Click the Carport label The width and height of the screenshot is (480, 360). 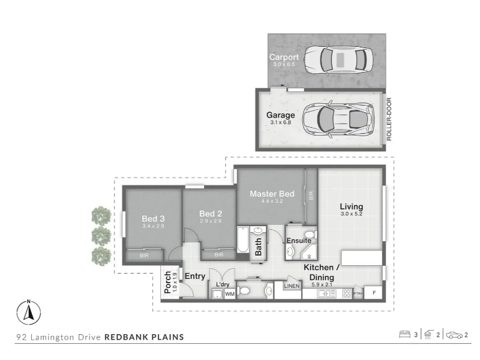[x=284, y=57]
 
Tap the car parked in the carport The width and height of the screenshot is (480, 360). [x=339, y=60]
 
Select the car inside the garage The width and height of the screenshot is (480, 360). [x=338, y=119]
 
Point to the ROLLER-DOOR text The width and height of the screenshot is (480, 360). [x=389, y=119]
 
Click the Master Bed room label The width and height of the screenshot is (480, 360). [x=272, y=194]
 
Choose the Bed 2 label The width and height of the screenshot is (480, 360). [x=211, y=214]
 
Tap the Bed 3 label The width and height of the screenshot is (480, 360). [x=153, y=218]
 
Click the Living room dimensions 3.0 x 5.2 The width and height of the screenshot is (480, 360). [x=352, y=214]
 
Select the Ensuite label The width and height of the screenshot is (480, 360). [x=299, y=241]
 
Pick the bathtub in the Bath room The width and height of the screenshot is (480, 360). [x=243, y=239]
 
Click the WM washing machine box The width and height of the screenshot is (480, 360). [x=230, y=294]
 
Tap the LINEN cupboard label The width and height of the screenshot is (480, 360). [x=292, y=286]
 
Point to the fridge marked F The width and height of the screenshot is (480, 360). [x=373, y=293]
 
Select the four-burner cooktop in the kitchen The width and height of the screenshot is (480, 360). [x=347, y=293]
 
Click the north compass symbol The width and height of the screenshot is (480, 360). [x=29, y=312]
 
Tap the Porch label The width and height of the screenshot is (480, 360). [x=167, y=282]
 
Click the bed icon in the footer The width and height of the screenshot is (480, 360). [x=404, y=334]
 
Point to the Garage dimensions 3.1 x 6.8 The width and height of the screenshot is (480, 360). [x=280, y=122]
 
